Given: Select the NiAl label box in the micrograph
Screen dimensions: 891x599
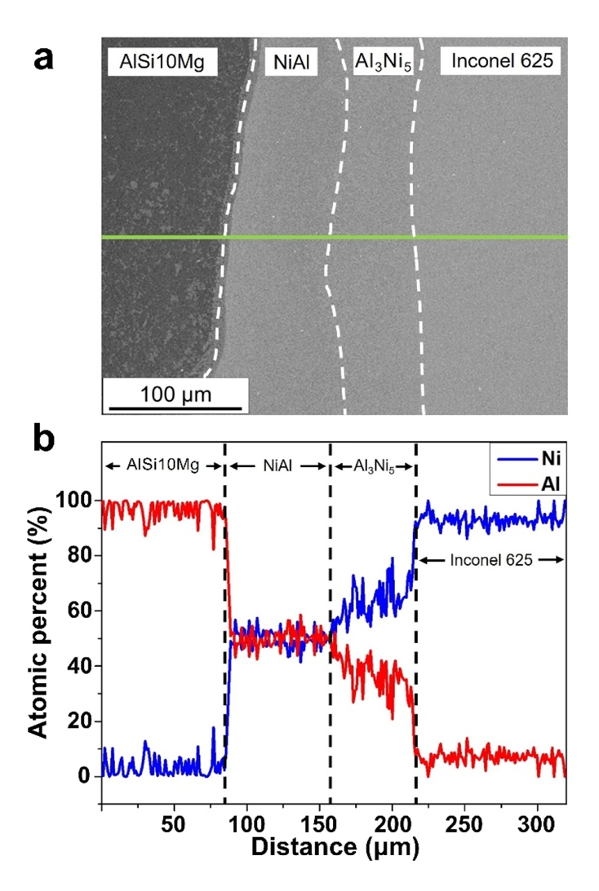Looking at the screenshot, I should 291,60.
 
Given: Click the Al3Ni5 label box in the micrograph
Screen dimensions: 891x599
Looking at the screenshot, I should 382,60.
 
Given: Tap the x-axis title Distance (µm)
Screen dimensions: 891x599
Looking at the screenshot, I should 335,848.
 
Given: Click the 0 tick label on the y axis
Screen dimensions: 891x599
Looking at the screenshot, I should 85,777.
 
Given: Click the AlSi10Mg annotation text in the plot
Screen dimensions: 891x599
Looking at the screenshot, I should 162,465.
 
